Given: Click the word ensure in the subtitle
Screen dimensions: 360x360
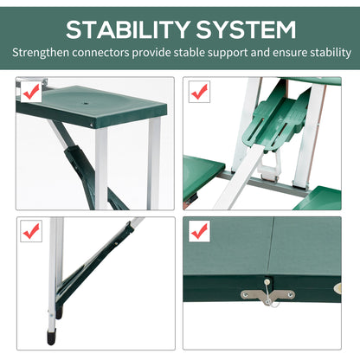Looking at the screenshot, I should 287,54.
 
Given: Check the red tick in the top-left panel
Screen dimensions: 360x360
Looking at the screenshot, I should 32,89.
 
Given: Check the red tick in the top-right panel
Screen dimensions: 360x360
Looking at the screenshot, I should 199,89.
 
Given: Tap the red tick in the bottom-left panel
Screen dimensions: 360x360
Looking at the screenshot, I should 32,231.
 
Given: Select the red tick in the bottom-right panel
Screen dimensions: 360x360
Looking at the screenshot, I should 199,231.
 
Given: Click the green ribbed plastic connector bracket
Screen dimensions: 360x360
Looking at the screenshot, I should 280,121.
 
